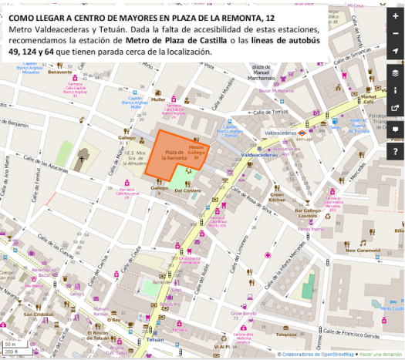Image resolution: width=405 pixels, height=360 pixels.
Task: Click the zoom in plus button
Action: click(x=395, y=16)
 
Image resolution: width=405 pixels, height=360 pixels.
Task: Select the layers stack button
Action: click(x=395, y=73)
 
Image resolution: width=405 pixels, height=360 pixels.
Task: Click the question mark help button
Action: click(x=395, y=150)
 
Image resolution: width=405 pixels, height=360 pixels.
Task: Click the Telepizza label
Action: click(x=287, y=335)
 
